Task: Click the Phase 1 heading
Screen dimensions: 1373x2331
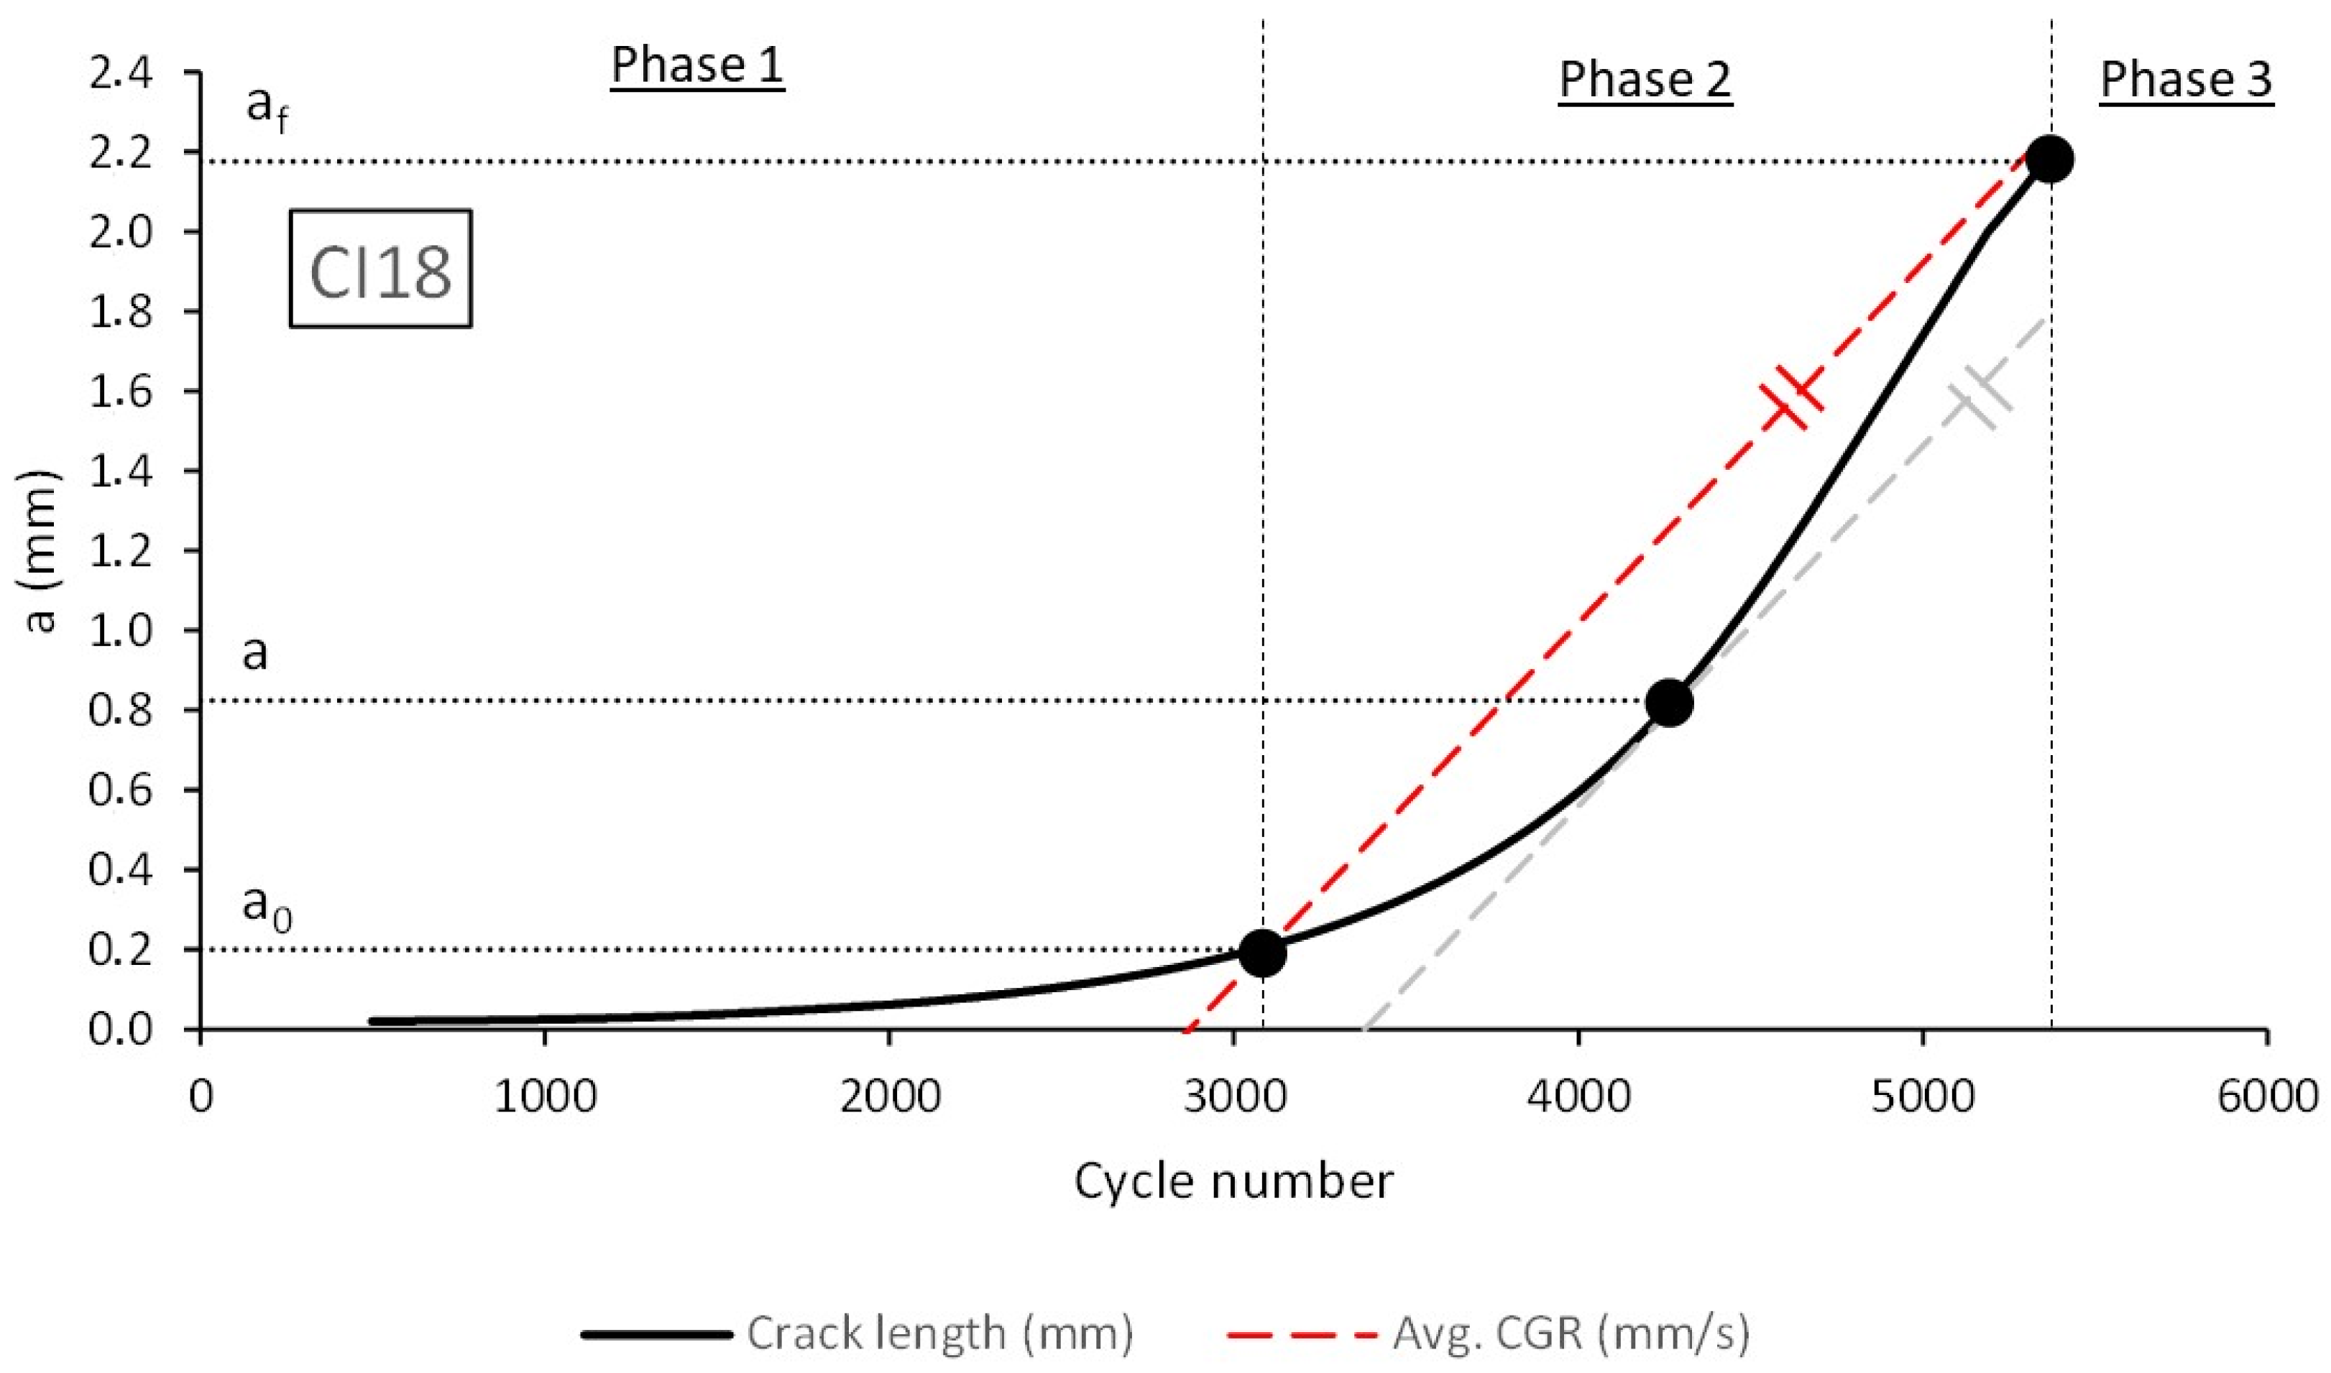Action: click(696, 65)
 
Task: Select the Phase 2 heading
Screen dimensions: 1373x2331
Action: click(1645, 80)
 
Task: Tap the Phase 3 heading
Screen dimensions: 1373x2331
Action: click(2185, 80)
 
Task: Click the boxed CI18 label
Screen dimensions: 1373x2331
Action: click(380, 269)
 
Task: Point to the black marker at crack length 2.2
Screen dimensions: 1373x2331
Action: click(2050, 159)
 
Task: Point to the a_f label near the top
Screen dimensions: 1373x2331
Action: click(267, 108)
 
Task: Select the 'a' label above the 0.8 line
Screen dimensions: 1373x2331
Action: click(255, 653)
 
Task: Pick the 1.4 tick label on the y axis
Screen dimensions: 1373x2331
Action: click(120, 471)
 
